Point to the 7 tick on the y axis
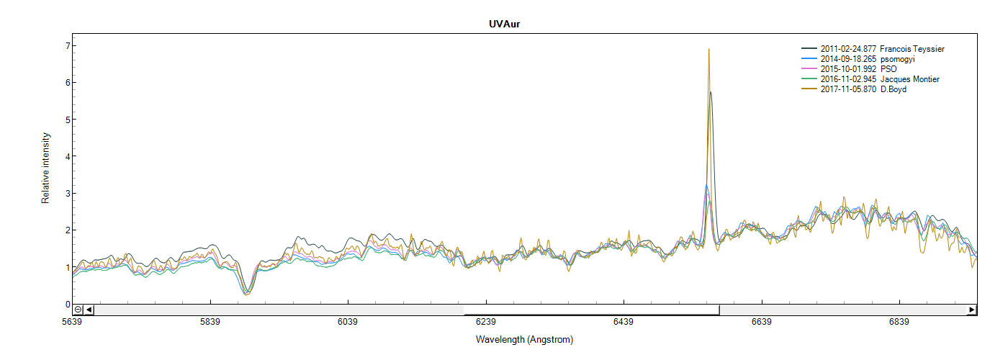68,46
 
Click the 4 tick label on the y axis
68,156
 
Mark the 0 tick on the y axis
68,304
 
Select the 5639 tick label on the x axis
72,322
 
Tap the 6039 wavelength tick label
348,322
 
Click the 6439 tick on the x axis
624,322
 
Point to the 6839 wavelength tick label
899,322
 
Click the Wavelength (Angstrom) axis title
524,338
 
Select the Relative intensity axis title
45,168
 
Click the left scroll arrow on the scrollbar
89,310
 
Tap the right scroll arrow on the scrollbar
971,310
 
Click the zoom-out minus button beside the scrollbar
78,310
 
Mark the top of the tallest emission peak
709,49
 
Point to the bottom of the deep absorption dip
247,294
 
